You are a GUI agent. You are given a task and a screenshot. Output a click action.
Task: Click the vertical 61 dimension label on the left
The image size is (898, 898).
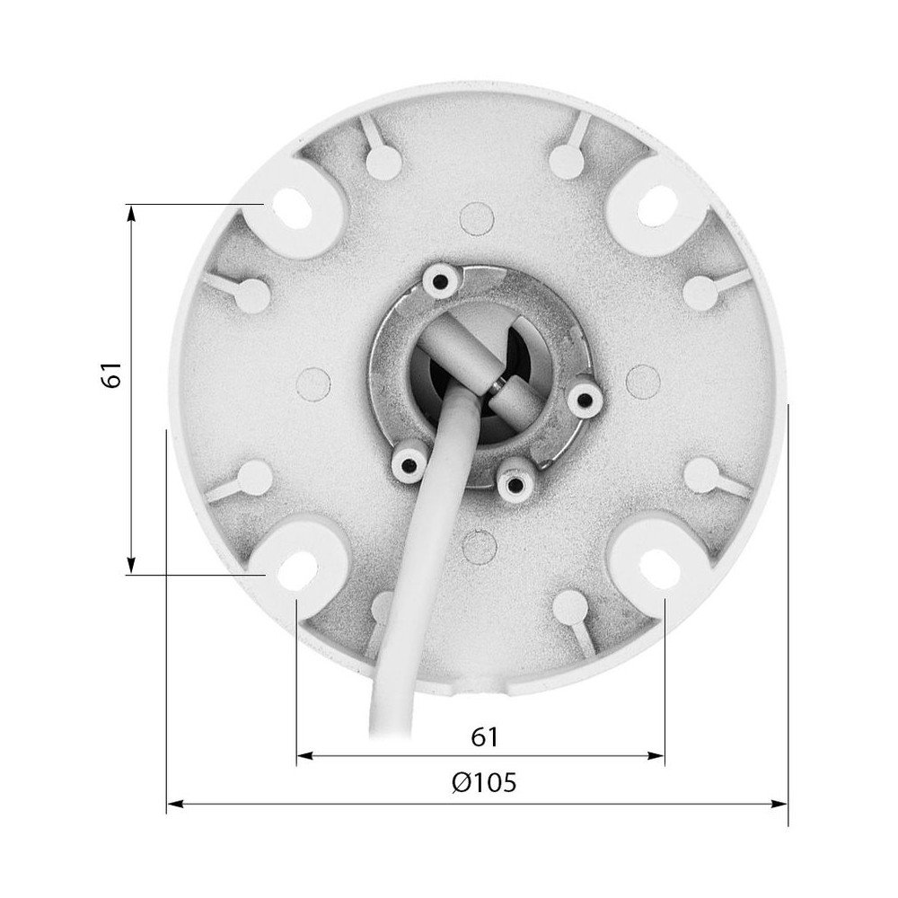(x=111, y=375)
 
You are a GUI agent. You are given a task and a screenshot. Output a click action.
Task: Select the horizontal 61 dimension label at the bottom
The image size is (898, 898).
(x=484, y=736)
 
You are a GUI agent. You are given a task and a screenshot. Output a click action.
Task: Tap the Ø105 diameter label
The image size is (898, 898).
(x=484, y=782)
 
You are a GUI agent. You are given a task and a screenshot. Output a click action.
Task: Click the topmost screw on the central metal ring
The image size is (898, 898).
(x=440, y=281)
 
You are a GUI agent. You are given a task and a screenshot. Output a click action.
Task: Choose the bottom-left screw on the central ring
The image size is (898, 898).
(x=408, y=464)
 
